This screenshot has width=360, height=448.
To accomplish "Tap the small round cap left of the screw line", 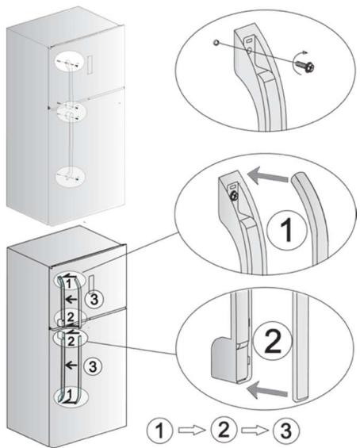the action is click(216, 43).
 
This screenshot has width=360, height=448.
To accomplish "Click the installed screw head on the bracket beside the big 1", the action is click(234, 196).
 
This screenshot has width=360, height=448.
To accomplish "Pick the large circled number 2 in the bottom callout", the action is click(273, 342).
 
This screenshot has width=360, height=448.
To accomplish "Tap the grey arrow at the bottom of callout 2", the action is click(267, 390).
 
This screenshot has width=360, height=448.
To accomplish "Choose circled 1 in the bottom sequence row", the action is click(159, 430).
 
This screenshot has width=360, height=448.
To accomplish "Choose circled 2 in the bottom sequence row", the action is click(224, 429).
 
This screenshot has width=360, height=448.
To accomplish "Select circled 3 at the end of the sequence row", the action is click(286, 430).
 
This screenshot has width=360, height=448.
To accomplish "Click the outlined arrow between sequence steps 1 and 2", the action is click(191, 430).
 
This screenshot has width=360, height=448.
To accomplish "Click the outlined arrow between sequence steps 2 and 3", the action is click(255, 430).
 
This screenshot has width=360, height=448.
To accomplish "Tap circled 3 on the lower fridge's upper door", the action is click(94, 299).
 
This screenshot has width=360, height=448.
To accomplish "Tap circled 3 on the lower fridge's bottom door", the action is click(93, 366).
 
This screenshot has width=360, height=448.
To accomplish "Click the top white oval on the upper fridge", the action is click(70, 62).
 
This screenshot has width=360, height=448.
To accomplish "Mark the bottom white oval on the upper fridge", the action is click(70, 176).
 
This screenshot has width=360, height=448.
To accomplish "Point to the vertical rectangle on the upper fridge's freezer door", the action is click(90, 65).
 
